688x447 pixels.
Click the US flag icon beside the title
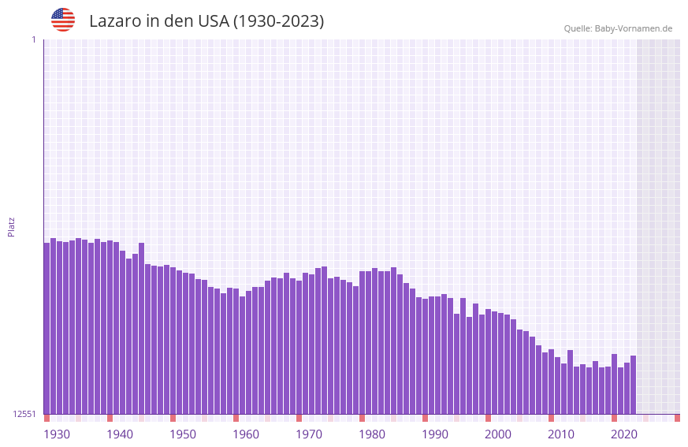click(x=63, y=20)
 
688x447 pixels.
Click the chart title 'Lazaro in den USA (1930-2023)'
click(x=206, y=21)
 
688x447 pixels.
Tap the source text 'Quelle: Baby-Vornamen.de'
click(x=618, y=28)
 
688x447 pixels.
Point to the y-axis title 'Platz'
click(x=11, y=227)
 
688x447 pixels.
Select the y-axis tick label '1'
click(x=33, y=39)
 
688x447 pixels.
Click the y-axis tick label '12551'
click(x=24, y=414)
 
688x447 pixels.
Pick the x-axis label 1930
click(x=57, y=434)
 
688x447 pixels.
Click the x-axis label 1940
click(x=120, y=434)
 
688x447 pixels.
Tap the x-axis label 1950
click(x=183, y=434)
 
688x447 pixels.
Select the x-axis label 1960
click(x=246, y=434)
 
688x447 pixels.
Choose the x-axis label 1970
click(x=309, y=434)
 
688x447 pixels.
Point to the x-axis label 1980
click(x=372, y=434)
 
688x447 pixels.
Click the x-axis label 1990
click(x=435, y=434)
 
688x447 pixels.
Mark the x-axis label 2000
click(x=498, y=434)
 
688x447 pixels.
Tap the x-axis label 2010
click(x=561, y=434)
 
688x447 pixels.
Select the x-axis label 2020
click(x=624, y=434)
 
